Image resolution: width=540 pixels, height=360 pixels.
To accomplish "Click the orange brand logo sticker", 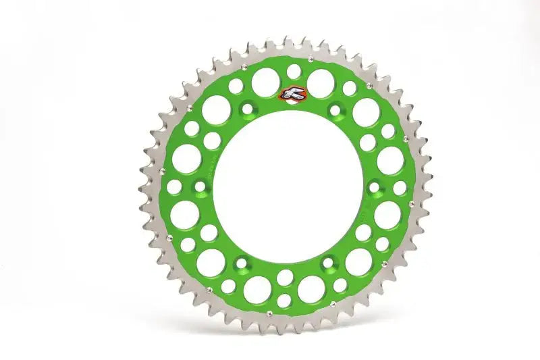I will coord(290,96).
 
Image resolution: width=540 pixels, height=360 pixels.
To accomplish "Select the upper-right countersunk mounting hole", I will coord(335,109).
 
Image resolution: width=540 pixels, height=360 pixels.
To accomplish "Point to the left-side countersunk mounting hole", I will coord(199,186).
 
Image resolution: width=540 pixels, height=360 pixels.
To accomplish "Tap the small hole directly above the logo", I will coord(294,70).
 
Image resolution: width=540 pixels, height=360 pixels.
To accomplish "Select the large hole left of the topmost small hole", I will coord(265,82).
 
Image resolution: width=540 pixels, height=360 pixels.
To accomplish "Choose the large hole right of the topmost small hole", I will coord(321,81).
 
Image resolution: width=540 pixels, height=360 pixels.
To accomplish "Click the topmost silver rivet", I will coord(309,60).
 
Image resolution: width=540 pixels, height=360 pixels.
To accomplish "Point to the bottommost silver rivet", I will coord(268,313).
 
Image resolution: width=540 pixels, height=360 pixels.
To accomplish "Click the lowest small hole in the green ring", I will coord(284,300).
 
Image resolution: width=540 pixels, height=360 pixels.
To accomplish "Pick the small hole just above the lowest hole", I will coord(285,277).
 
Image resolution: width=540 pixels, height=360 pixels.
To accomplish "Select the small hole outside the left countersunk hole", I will coord(174,187).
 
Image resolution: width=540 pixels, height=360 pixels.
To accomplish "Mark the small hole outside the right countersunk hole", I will coord(400,188).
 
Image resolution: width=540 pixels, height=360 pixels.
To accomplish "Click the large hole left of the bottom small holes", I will coord(256,289).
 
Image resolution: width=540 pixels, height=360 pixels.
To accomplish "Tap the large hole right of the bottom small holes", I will coord(313,288).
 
